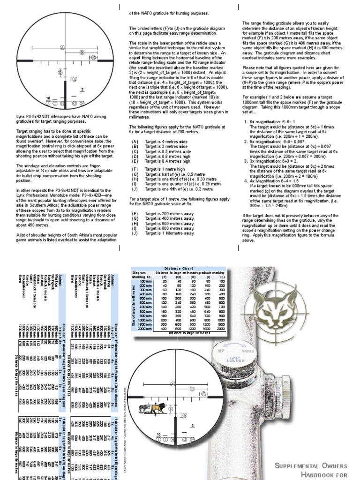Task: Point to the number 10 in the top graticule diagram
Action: click(x=48, y=98)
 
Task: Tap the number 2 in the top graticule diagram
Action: click(x=82, y=89)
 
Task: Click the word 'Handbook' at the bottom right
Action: click(x=328, y=475)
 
